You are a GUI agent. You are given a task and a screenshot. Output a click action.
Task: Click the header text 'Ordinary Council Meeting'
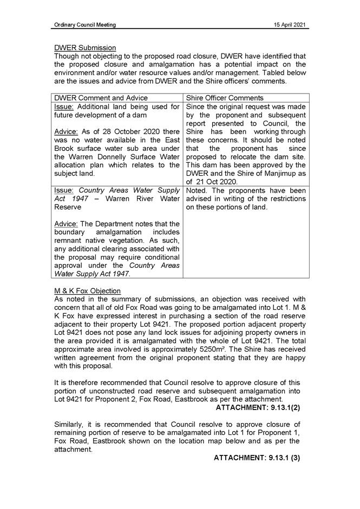click(x=85, y=25)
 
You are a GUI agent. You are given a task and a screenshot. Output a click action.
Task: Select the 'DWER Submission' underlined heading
click(x=85, y=48)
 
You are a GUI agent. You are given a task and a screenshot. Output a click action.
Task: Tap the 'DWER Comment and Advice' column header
click(x=97, y=98)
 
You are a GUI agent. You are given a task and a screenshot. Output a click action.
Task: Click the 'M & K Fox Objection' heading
click(x=88, y=291)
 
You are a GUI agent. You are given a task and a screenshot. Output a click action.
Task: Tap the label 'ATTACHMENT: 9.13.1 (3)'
click(x=257, y=458)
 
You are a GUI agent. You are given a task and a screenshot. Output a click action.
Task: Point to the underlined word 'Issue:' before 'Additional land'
click(x=64, y=107)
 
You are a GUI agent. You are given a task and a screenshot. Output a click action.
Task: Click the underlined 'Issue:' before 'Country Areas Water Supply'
click(x=64, y=190)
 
